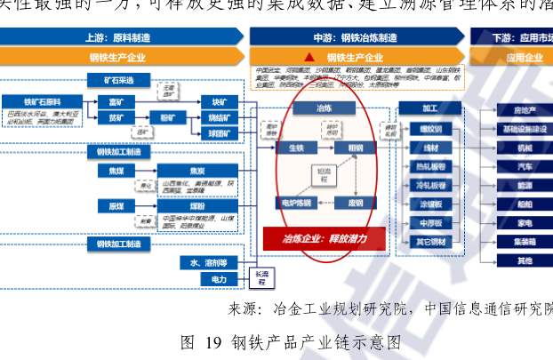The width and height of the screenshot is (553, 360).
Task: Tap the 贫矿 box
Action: pos(116,117)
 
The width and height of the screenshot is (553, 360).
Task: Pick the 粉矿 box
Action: pos(168,117)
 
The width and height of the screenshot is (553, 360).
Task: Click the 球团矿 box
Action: pos(219,133)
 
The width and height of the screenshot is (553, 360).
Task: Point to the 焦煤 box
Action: pos(116,170)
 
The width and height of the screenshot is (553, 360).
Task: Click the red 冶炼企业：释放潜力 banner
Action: pos(324,238)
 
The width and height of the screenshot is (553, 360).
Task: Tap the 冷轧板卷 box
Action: pos(430,185)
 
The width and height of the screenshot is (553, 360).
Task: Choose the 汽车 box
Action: pos(525,166)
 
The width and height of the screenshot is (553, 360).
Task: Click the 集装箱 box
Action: pos(525,241)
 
